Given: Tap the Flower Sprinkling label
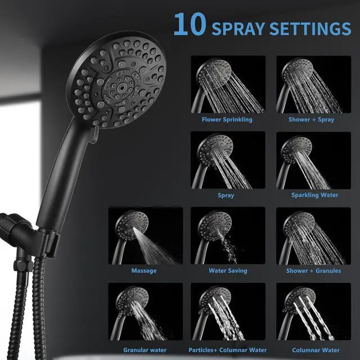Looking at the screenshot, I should pyautogui.click(x=227, y=119).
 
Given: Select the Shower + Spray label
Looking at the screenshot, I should pyautogui.click(x=311, y=119).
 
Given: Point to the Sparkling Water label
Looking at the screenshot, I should pyautogui.click(x=314, y=195).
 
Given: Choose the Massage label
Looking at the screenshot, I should pyautogui.click(x=144, y=271).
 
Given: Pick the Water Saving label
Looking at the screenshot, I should pyautogui.click(x=228, y=271).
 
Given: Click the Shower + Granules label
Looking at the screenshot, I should pyautogui.click(x=313, y=271).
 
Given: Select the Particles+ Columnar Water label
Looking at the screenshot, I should pyautogui.click(x=228, y=350).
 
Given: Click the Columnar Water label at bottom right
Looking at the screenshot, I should pyautogui.click(x=313, y=350).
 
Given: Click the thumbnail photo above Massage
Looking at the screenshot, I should pyautogui.click(x=146, y=236).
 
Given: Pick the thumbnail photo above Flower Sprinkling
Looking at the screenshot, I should pyautogui.click(x=228, y=84).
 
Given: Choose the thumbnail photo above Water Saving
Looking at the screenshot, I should pyautogui.click(x=228, y=236).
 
